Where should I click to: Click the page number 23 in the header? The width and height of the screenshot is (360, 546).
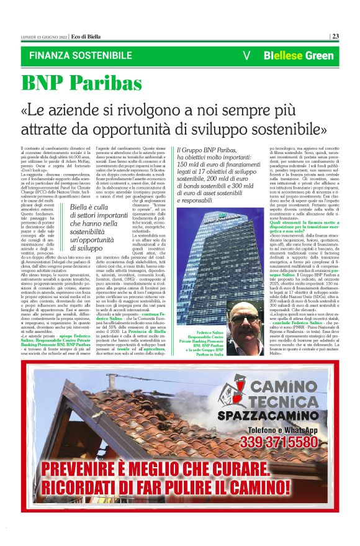(x=335, y=35)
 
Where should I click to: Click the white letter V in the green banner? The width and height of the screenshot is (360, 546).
(x=247, y=55)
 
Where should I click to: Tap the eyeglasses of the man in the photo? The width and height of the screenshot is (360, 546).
(x=247, y=317)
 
